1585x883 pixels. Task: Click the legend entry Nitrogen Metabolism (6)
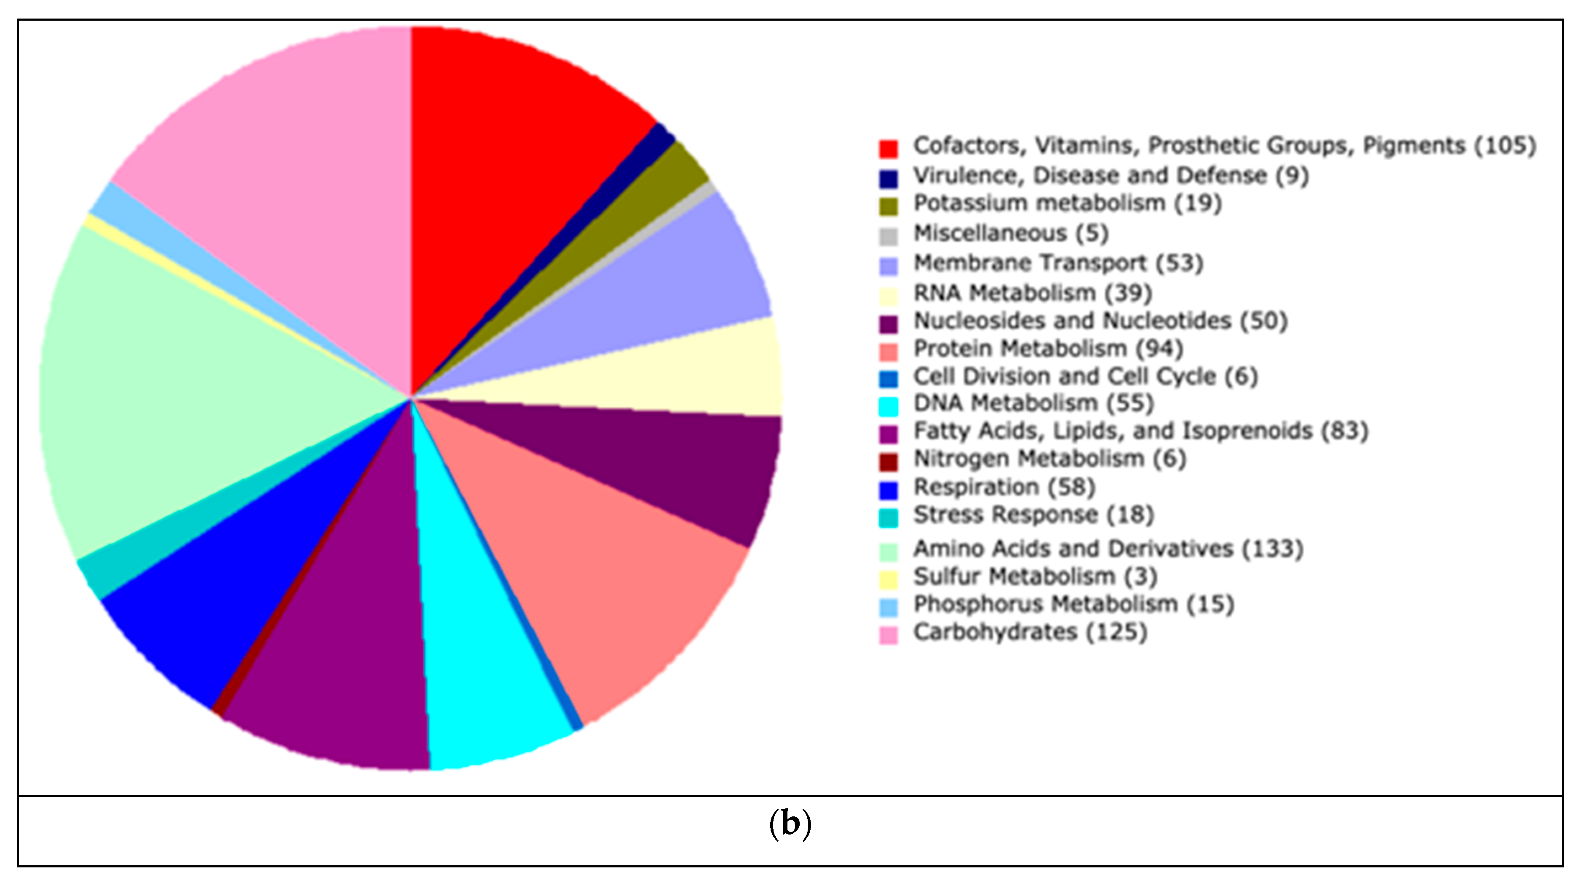click(x=1049, y=459)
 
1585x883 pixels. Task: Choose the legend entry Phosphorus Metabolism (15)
click(x=1074, y=604)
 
